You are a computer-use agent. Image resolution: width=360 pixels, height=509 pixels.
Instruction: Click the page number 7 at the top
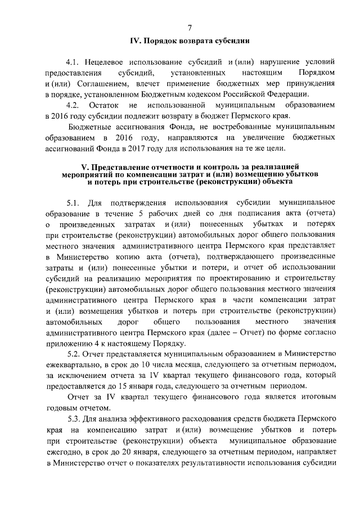click(x=190, y=28)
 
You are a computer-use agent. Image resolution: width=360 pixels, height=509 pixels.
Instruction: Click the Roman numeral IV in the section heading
click(x=135, y=41)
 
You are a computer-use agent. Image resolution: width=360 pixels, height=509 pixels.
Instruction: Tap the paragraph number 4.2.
click(x=73, y=106)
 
